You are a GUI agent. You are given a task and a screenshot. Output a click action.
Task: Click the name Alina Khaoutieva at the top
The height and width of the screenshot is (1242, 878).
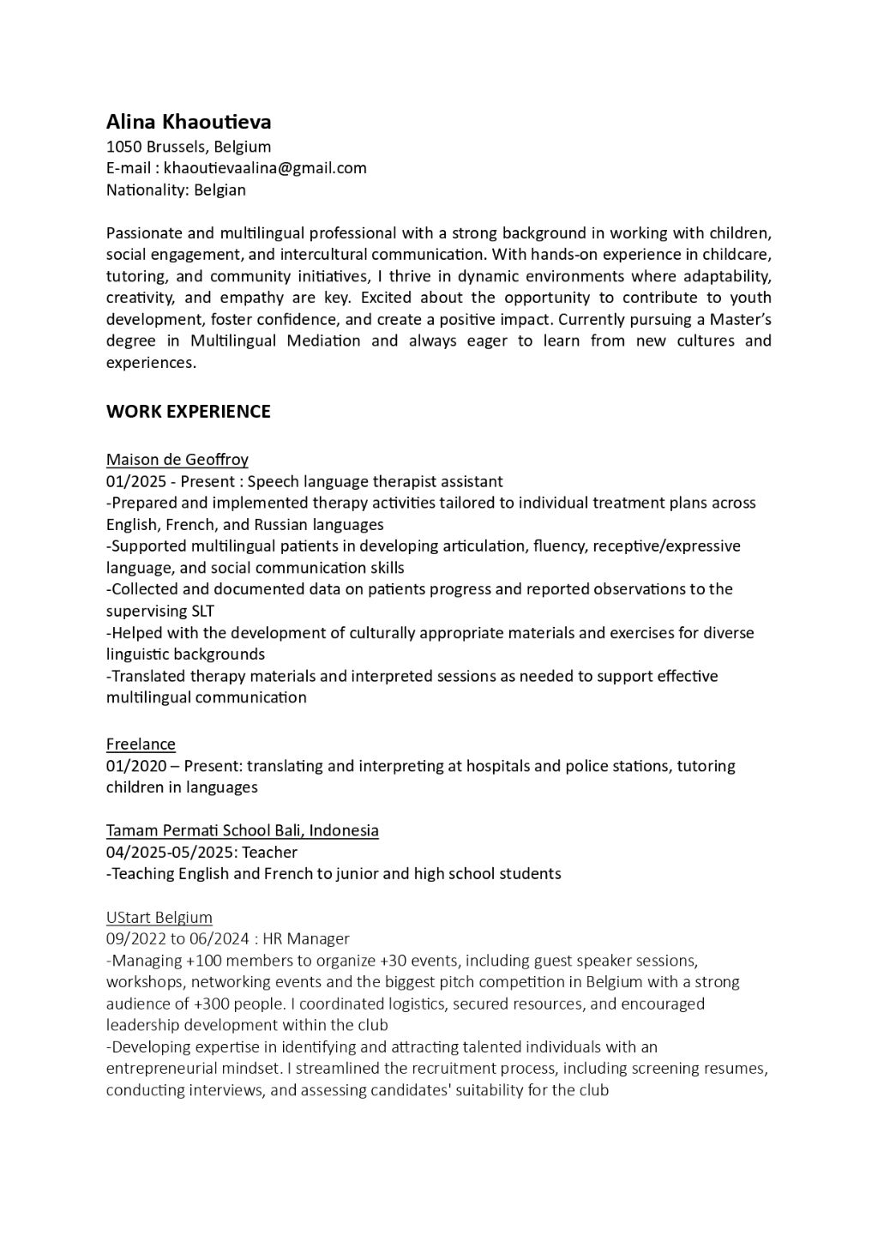click(x=189, y=122)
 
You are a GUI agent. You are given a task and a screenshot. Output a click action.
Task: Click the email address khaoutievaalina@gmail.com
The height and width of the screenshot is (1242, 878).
click(x=265, y=168)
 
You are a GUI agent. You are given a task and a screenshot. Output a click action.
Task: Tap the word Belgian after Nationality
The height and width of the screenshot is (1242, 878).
click(x=219, y=190)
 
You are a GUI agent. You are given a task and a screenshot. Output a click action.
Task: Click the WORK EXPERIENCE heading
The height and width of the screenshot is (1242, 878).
click(x=188, y=412)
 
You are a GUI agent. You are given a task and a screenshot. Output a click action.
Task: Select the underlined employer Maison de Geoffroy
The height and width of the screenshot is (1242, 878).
click(x=177, y=460)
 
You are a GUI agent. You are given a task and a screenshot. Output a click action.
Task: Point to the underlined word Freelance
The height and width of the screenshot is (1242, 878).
click(x=141, y=744)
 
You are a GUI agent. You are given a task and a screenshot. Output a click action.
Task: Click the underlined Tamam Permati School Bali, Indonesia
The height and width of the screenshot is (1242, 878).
click(x=243, y=830)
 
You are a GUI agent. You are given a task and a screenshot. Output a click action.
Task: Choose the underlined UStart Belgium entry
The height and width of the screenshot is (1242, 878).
click(x=159, y=918)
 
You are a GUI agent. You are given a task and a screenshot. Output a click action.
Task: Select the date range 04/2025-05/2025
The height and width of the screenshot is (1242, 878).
click(x=170, y=853)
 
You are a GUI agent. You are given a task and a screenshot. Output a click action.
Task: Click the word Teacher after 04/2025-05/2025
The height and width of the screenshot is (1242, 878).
click(x=270, y=853)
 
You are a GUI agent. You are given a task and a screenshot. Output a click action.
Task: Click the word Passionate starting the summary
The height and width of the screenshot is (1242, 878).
click(x=143, y=233)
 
